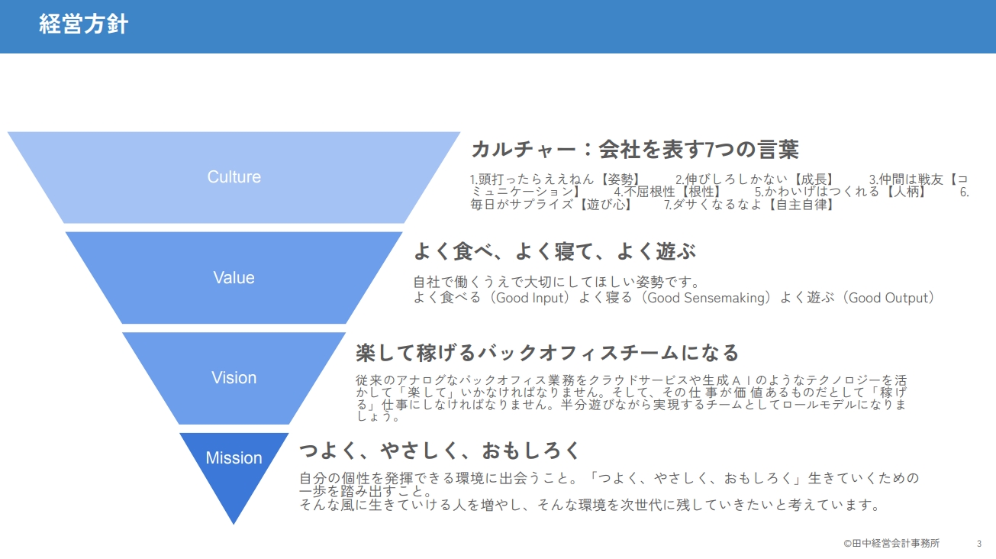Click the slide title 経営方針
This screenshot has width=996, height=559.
tap(84, 24)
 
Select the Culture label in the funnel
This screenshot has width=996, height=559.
tap(234, 176)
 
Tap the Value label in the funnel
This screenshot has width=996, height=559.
tap(234, 278)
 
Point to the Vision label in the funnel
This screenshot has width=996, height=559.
tap(234, 378)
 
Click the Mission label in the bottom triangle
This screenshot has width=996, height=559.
tap(234, 457)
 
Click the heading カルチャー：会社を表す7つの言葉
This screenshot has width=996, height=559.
tap(635, 149)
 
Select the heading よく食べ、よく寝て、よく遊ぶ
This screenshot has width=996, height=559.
tap(554, 251)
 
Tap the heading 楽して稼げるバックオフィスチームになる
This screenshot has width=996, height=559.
tap(547, 353)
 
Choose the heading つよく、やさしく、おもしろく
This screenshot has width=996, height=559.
tap(440, 451)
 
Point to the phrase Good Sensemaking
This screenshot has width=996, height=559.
tap(706, 298)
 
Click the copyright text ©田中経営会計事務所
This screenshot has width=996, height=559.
tap(891, 544)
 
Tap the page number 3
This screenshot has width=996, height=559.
tap(978, 544)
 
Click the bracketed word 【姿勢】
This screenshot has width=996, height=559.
tap(620, 179)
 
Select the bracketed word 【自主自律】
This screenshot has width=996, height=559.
tap(801, 205)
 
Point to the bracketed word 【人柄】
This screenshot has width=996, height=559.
tap(905, 192)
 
